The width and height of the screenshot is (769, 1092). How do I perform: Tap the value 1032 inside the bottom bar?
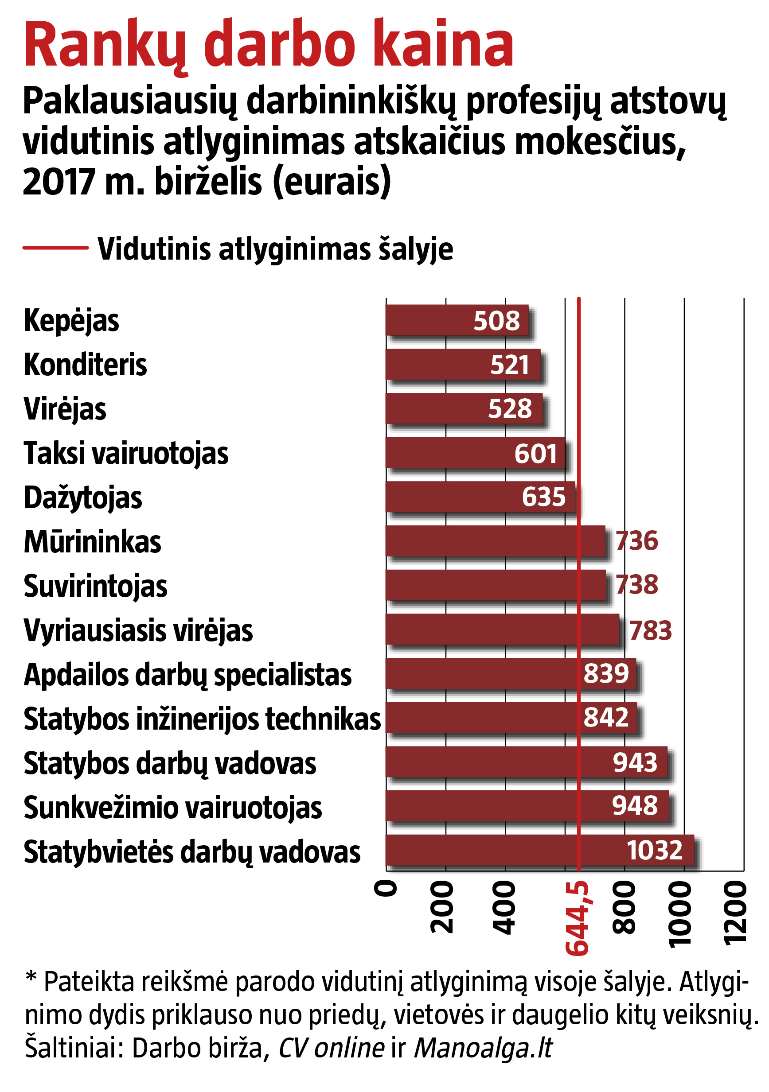654,850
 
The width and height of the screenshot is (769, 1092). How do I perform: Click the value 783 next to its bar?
650,630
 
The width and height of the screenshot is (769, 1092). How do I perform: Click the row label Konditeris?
85,365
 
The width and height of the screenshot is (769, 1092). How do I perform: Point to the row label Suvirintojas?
95,586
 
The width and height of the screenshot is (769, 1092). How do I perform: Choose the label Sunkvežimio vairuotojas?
173,808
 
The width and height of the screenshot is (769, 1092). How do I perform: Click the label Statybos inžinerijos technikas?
202,719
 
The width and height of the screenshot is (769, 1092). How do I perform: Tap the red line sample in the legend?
55,247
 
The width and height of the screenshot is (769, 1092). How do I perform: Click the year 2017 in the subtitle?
58,182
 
